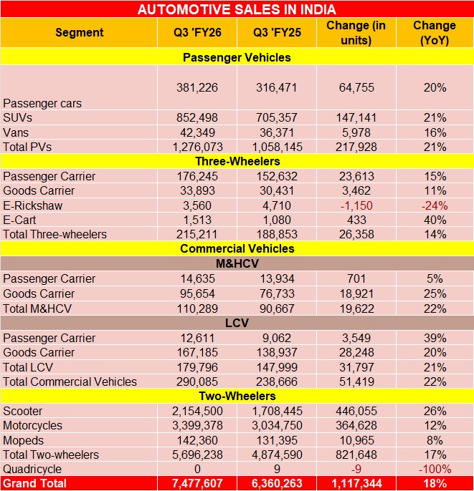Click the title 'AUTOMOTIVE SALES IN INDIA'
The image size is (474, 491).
pos(237,9)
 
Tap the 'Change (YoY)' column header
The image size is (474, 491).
pos(435,33)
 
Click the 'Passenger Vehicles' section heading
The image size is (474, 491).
pos(237,57)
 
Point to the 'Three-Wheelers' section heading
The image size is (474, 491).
pos(237,162)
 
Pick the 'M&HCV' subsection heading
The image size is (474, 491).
pos(237,264)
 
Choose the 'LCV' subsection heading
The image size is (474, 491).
pos(237,323)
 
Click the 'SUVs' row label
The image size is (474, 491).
pos(18,117)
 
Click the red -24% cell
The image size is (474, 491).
pos(435,205)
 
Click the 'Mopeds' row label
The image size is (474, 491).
pos(24,439)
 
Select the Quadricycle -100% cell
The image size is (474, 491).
pos(435,469)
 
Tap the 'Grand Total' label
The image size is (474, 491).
pos(35,483)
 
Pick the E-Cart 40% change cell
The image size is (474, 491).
pos(435,220)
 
